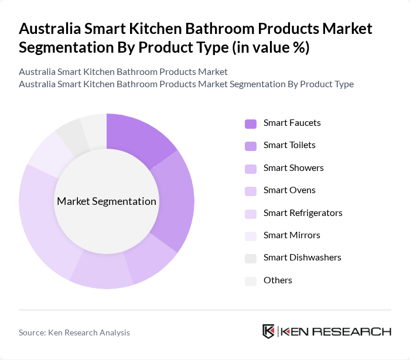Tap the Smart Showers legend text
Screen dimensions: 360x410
[x=293, y=168]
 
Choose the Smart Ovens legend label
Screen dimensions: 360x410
[x=289, y=190]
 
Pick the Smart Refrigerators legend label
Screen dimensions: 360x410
[x=302, y=212]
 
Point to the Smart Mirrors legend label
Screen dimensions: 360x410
[x=292, y=235]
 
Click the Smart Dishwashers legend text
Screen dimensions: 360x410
[x=302, y=258]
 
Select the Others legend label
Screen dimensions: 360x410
[x=278, y=280]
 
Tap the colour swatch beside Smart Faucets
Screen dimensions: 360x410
[x=250, y=124]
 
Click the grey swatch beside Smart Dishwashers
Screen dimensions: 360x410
[x=250, y=258]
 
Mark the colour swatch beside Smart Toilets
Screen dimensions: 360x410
[x=250, y=146]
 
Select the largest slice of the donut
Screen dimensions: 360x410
[x=44, y=217]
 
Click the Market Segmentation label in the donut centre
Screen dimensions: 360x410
[x=107, y=201]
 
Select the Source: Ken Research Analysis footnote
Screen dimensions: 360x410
[x=74, y=332]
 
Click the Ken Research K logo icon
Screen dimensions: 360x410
[x=269, y=331]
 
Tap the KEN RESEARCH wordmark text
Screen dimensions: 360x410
[x=336, y=331]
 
